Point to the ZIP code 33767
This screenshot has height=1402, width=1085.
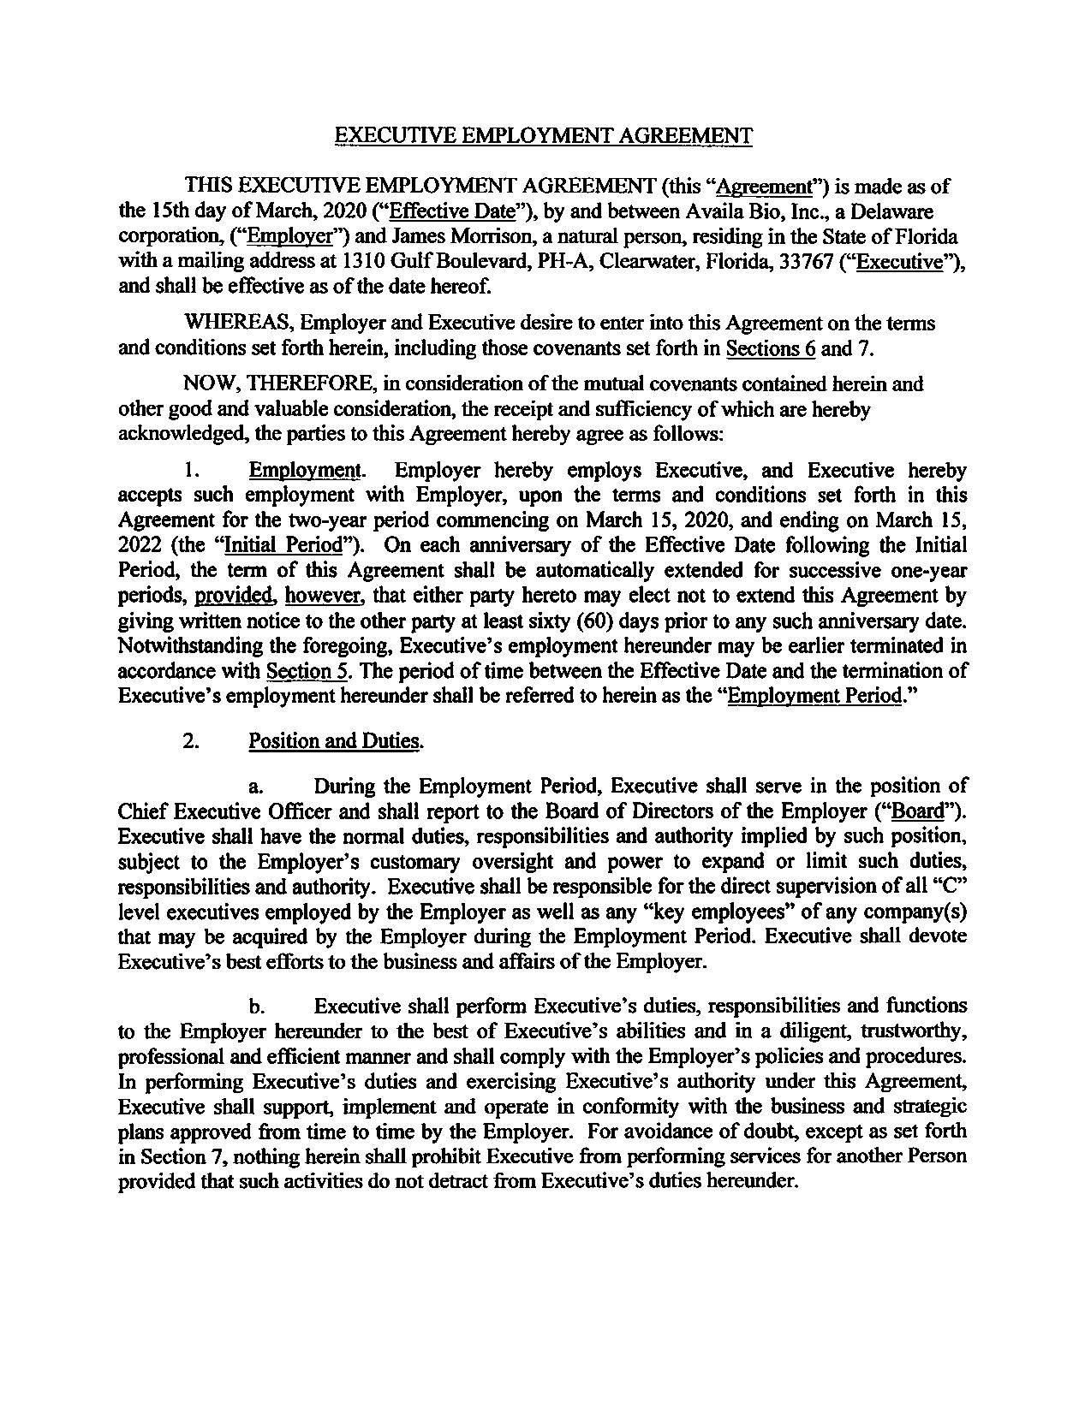[x=818, y=262]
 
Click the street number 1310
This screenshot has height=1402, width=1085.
[x=346, y=262]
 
